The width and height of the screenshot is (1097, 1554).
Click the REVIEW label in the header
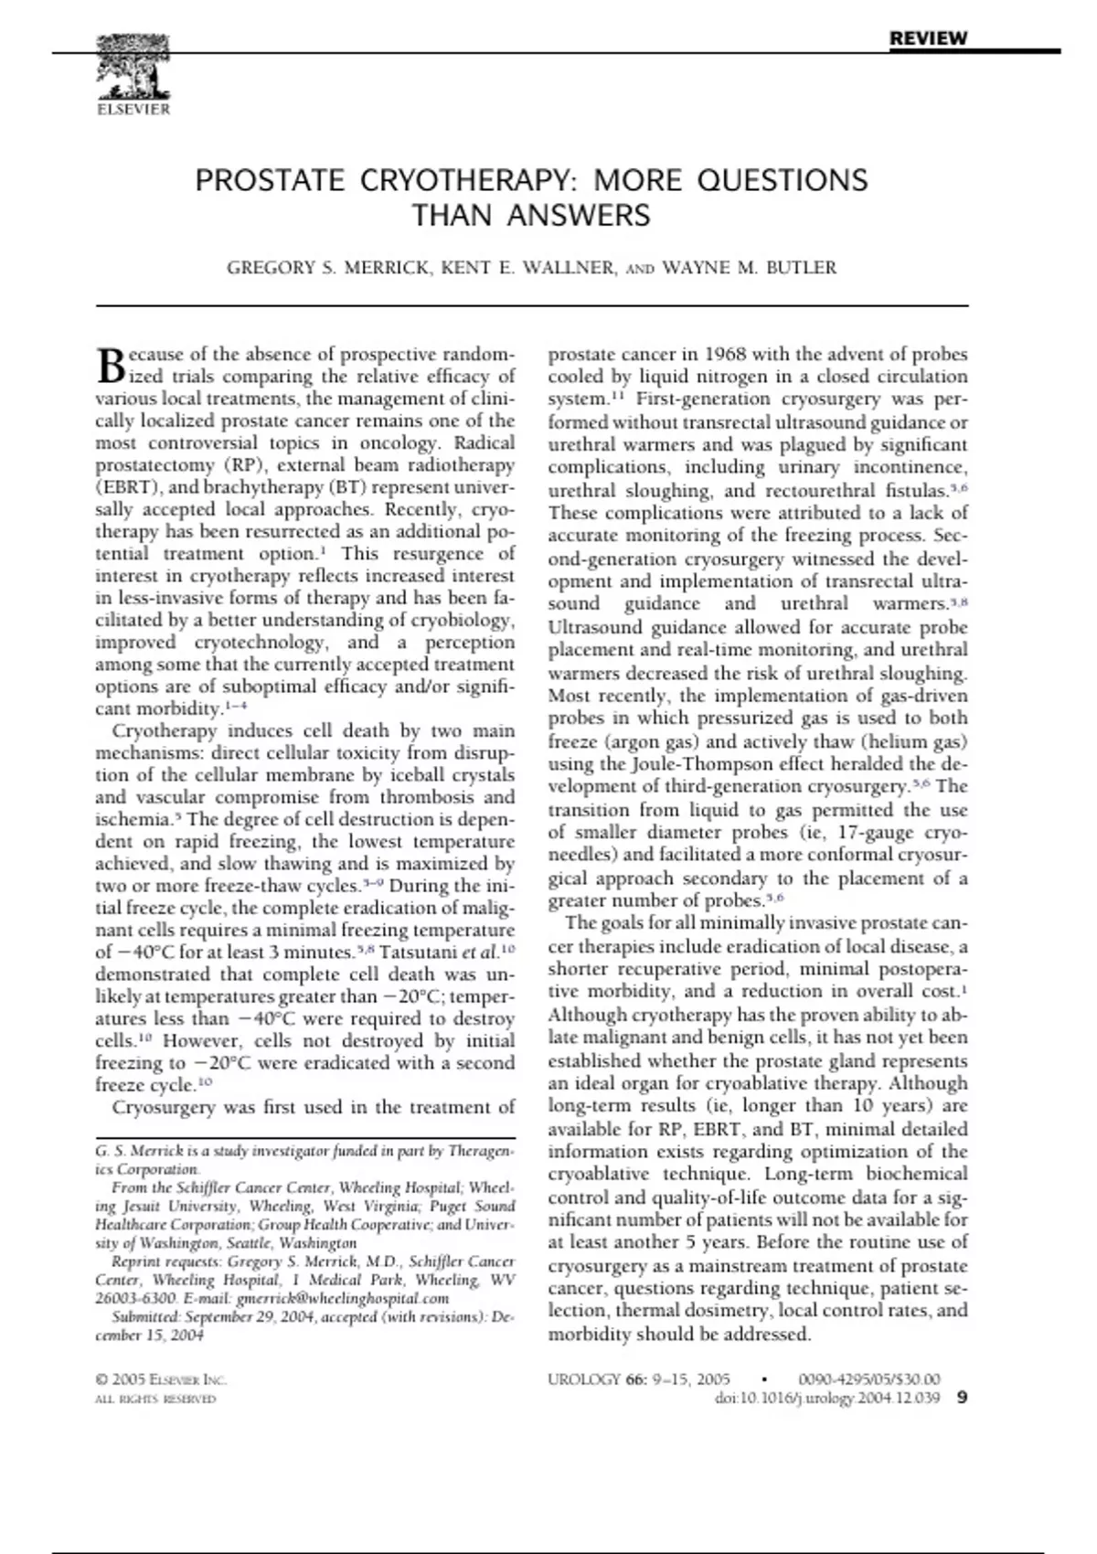click(928, 38)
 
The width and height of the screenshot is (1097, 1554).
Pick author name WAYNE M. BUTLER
click(749, 268)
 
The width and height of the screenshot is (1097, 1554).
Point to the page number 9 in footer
click(961, 1398)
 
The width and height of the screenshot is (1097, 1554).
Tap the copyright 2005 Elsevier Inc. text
click(160, 1379)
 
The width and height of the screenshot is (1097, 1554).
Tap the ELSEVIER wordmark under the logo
click(133, 110)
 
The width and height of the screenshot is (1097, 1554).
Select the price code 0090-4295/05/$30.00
click(868, 1379)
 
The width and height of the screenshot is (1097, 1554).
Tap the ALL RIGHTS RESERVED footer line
click(155, 1399)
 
